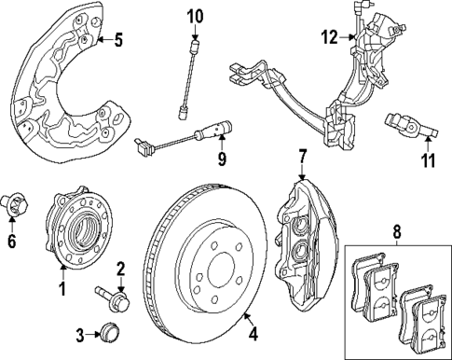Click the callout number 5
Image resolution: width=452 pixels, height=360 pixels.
tap(116, 40)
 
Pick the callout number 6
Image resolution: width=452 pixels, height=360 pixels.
tap(12, 242)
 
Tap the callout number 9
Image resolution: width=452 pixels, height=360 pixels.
tap(222, 159)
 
